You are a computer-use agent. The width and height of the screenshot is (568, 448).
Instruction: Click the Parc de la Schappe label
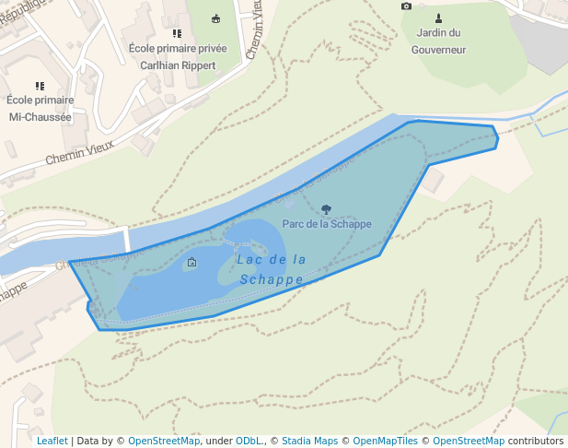click(327, 223)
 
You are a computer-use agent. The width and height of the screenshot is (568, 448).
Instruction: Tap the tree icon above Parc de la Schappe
click(327, 209)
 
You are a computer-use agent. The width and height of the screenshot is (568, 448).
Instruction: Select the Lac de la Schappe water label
click(271, 269)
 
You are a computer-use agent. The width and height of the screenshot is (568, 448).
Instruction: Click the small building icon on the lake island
click(191, 263)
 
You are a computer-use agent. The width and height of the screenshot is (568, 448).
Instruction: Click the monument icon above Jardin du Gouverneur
click(438, 18)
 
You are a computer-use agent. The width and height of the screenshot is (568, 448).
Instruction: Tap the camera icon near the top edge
click(407, 6)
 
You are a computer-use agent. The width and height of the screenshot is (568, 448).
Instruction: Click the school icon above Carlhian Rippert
click(178, 33)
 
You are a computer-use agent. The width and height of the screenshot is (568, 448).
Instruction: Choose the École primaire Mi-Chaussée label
click(40, 108)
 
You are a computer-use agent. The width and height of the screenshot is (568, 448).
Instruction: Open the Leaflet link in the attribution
click(52, 441)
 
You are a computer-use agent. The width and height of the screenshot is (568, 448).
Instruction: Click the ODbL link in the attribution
click(249, 441)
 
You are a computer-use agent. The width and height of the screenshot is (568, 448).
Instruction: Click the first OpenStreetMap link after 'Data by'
click(163, 441)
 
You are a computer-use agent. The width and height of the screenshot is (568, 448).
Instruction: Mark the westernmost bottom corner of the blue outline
click(99, 329)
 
